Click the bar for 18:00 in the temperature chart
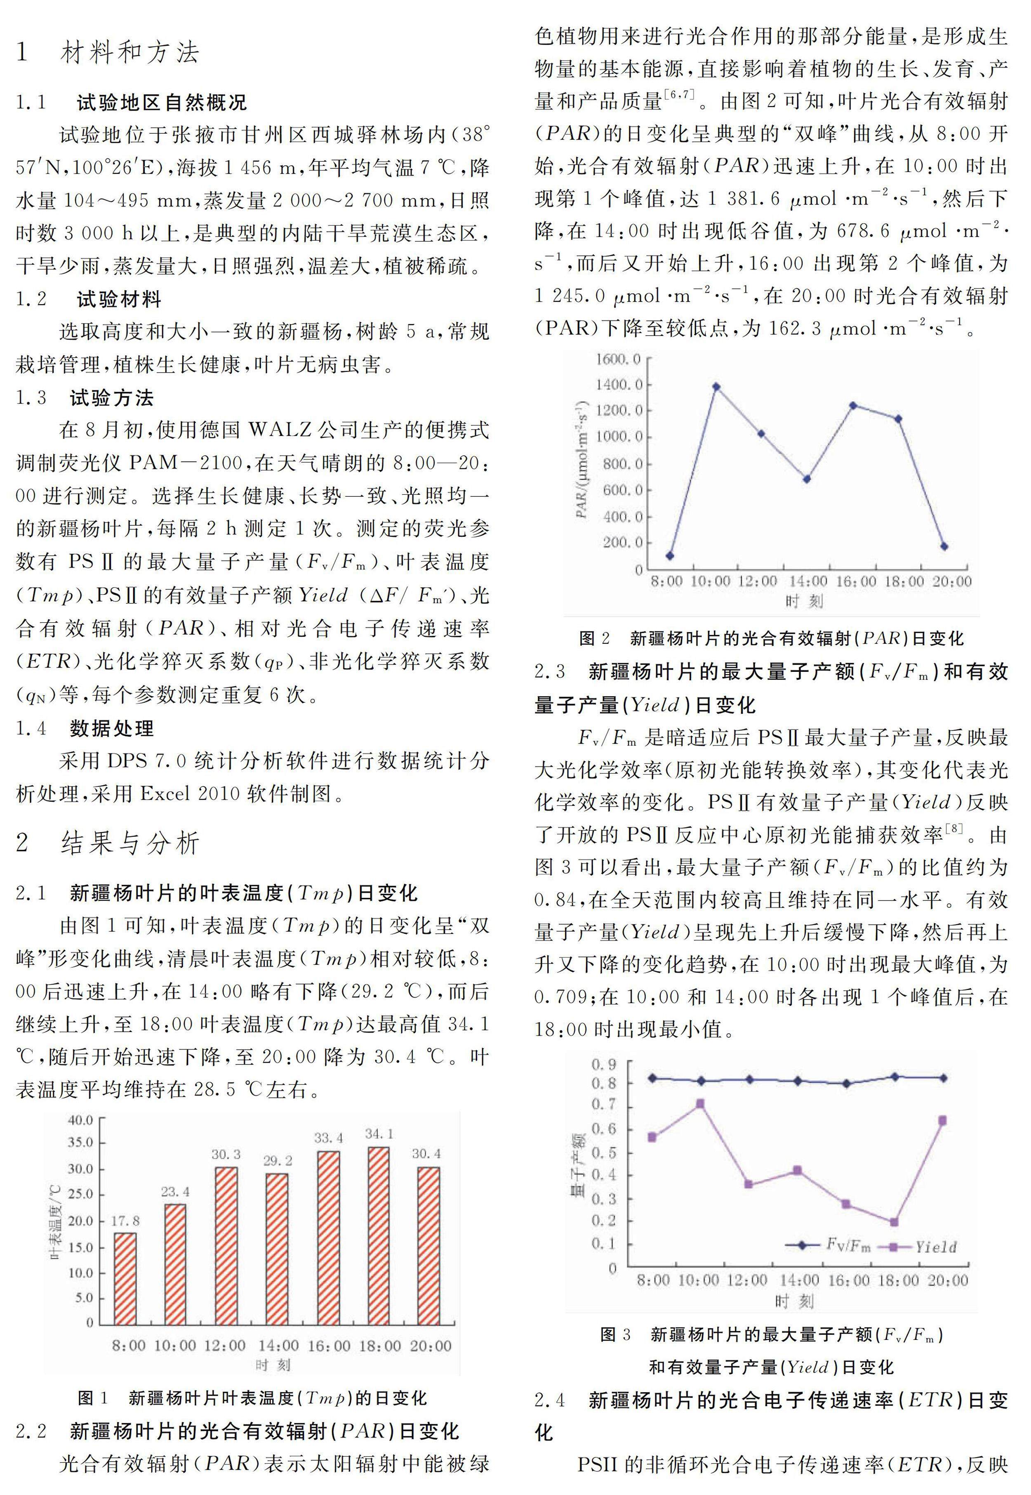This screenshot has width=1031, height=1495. click(379, 1236)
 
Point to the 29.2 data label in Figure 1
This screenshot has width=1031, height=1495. click(278, 1161)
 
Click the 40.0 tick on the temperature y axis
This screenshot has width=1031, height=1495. click(80, 1119)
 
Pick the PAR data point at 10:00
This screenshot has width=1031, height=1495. click(716, 387)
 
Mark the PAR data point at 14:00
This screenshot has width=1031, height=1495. click(807, 479)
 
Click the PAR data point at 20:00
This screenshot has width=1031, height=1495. click(944, 546)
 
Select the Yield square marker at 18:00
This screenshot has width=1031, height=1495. click(894, 1222)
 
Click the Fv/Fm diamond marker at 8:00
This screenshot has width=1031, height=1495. click(652, 1078)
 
